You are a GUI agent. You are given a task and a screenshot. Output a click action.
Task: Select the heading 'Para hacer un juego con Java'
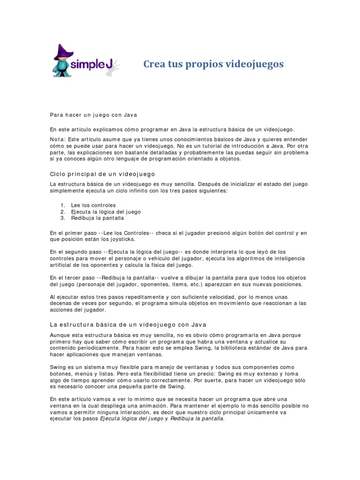tap(93, 115)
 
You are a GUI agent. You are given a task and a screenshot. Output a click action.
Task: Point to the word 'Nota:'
tap(58, 139)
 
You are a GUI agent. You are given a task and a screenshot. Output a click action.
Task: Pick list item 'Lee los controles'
tap(93, 205)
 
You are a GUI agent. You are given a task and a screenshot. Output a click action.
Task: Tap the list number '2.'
tap(63, 212)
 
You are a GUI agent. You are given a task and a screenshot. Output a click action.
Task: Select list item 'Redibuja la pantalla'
tap(97, 218)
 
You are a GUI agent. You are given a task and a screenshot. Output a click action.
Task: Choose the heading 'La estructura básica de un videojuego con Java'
tap(128, 324)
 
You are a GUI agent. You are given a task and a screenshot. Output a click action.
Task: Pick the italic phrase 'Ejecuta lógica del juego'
tap(131, 419)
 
